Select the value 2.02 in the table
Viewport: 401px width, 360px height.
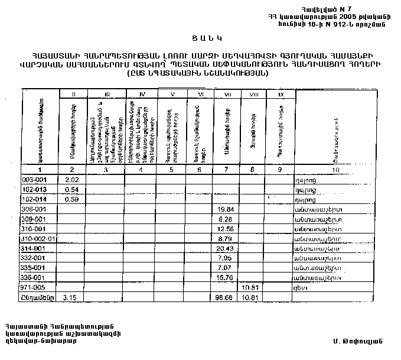click(71, 180)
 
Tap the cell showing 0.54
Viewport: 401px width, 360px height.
click(71, 189)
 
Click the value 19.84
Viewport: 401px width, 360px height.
click(226, 209)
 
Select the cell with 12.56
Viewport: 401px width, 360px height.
click(226, 229)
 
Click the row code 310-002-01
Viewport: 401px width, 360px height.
click(37, 238)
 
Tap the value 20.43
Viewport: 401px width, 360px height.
click(226, 248)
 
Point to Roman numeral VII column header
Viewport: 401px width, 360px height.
click(226, 93)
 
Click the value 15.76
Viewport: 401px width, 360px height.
click(226, 277)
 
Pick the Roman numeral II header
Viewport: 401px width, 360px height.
click(73, 93)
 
